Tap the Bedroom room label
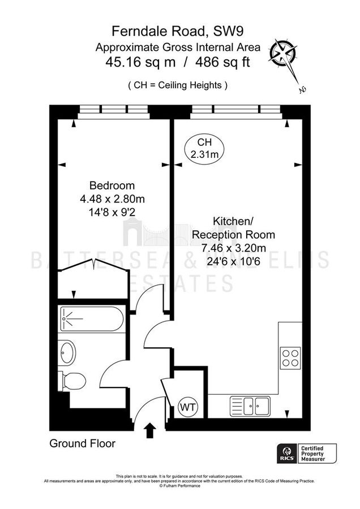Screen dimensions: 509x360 click(x=112, y=186)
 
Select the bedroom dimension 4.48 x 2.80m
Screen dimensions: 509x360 click(x=112, y=199)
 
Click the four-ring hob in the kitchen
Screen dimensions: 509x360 click(x=290, y=357)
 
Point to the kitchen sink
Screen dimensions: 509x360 click(x=251, y=404)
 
